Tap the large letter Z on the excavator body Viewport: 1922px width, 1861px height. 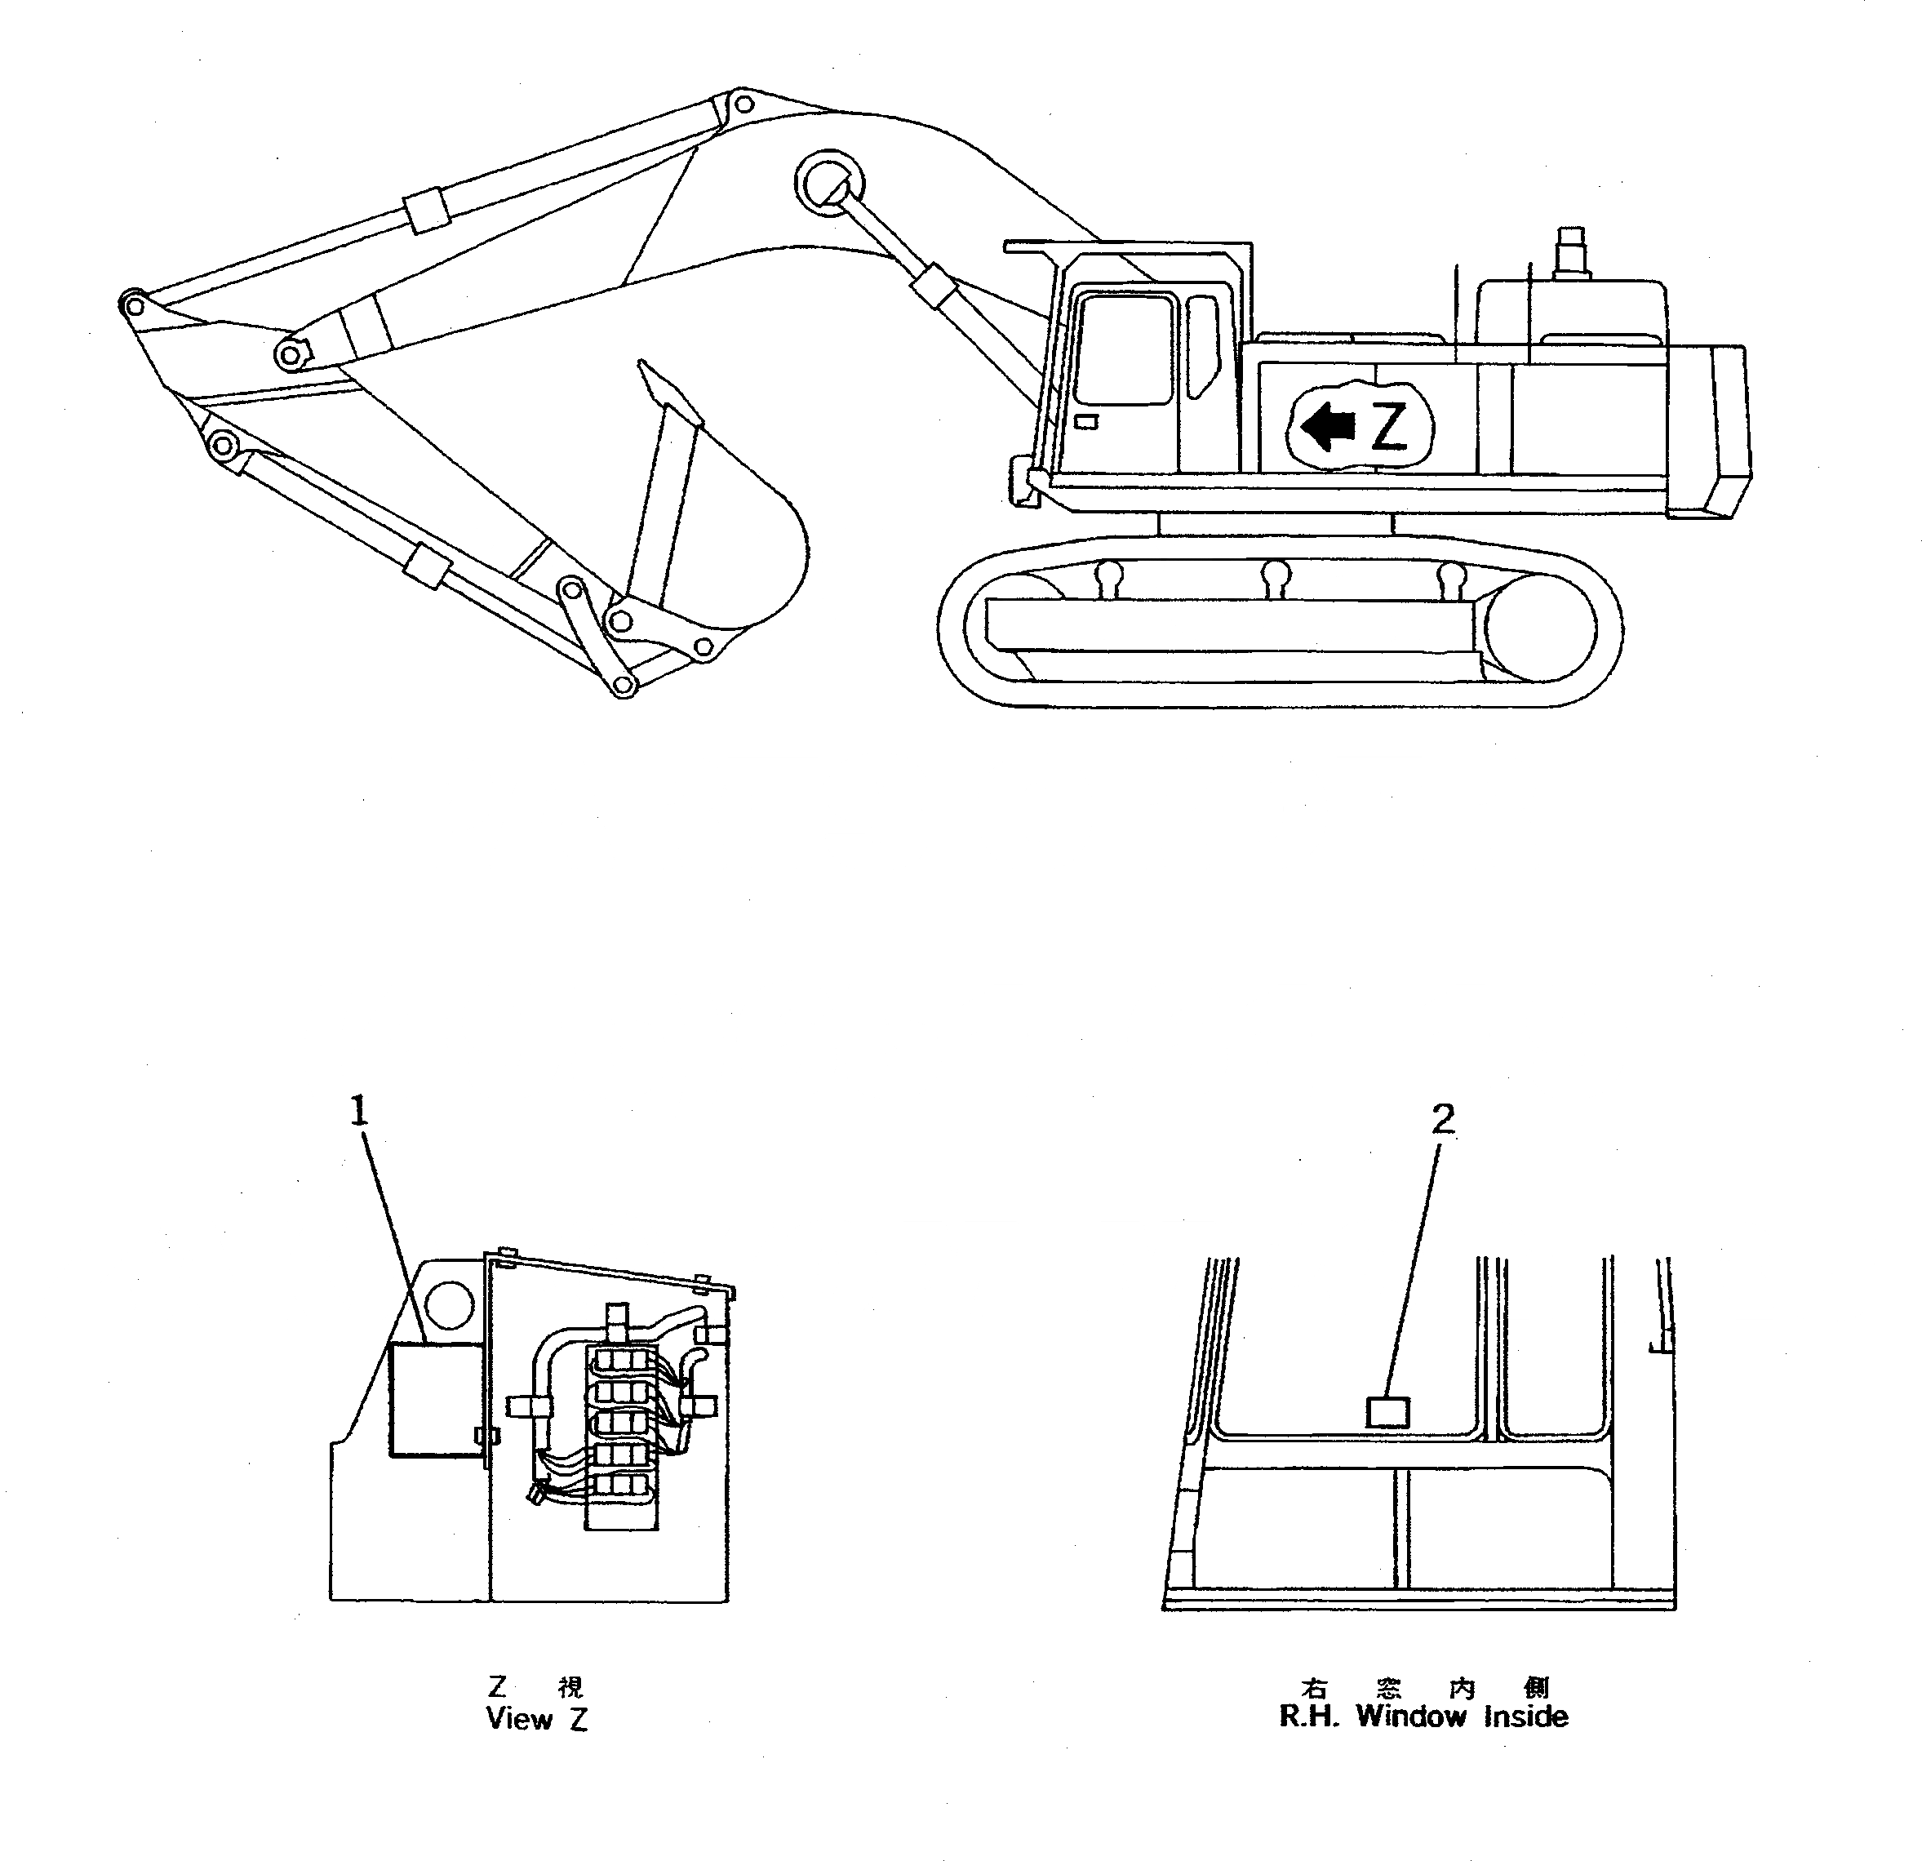[x=1388, y=427]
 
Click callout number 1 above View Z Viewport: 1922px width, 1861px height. [x=359, y=1112]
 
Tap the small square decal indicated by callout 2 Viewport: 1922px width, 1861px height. [x=1387, y=1413]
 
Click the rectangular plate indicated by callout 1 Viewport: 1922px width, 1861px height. [x=437, y=1399]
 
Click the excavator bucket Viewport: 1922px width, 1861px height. [x=726, y=530]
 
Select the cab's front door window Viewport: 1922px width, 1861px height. [x=1124, y=350]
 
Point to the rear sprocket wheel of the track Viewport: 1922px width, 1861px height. [x=1539, y=628]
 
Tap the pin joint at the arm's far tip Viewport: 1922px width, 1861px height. [x=131, y=305]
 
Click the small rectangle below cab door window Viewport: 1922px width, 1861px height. [x=1086, y=422]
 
